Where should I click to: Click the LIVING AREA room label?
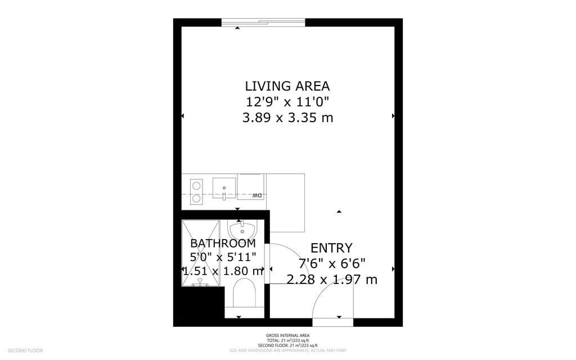[287, 86]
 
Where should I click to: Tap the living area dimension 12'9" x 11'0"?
[287, 102]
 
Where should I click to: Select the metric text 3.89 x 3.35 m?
[287, 118]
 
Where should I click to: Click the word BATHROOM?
[223, 244]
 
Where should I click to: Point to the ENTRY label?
[331, 248]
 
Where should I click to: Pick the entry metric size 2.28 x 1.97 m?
[331, 279]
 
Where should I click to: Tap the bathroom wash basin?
[242, 229]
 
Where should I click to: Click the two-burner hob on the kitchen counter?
[196, 191]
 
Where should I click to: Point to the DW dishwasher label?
[256, 195]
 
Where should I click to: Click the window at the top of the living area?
[263, 22]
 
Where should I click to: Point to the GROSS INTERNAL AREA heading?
[287, 336]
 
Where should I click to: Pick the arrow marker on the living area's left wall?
[182, 116]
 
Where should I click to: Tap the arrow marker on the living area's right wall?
[393, 116]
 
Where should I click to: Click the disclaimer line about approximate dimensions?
[287, 350]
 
